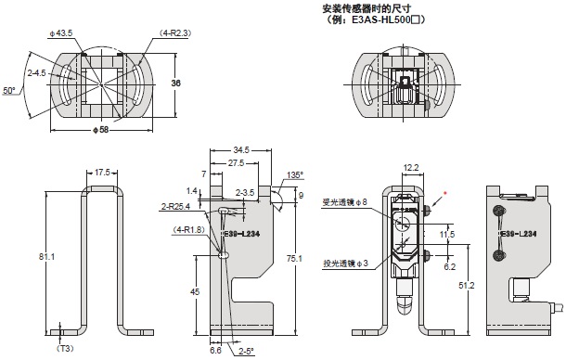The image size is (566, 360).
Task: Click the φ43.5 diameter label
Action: pos(61,33)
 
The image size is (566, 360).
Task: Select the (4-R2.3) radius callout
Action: pos(174,33)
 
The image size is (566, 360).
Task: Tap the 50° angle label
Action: pos(9,90)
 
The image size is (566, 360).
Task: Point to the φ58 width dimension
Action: pos(101,129)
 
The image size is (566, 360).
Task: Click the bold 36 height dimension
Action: pos(175,84)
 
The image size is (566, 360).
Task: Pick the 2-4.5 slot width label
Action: pos(36,73)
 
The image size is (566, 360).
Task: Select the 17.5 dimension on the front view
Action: pos(102,173)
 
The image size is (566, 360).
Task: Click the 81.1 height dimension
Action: pos(47,257)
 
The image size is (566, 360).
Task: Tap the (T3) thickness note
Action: pos(65,349)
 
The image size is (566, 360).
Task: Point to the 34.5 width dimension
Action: pos(241,150)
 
